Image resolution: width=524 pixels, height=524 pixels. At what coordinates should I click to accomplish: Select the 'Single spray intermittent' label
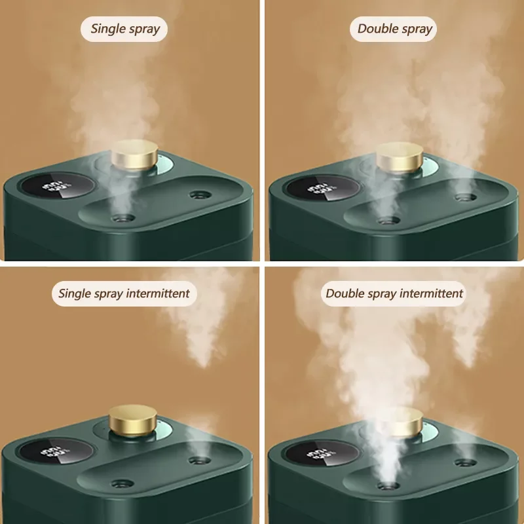click(x=124, y=293)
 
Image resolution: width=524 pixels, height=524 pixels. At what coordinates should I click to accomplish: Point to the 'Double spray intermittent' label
click(x=394, y=293)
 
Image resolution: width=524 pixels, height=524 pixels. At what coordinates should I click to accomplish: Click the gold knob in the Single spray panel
click(x=134, y=155)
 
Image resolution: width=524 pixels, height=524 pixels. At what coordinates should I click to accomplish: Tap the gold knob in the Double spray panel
click(x=400, y=157)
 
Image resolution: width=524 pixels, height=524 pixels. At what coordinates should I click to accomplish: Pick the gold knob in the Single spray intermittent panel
click(x=133, y=420)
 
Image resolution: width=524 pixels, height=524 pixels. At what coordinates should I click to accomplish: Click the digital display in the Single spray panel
click(x=56, y=186)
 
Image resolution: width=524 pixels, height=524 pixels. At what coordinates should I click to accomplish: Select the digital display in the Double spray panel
click(x=322, y=188)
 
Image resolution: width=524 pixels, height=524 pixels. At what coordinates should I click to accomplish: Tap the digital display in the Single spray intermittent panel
click(x=56, y=451)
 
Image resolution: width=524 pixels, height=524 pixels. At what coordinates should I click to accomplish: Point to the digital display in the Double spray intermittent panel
click(x=322, y=453)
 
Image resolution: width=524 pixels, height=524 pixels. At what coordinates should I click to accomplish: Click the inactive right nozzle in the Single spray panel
click(x=200, y=195)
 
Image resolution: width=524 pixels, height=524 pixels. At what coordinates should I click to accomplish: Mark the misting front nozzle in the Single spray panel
click(x=122, y=219)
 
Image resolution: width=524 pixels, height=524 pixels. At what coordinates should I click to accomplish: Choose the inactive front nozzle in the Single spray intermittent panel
click(x=122, y=483)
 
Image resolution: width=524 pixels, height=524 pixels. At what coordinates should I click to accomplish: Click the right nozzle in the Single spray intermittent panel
click(x=200, y=460)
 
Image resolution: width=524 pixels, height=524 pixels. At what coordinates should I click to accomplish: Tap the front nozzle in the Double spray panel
click(x=388, y=221)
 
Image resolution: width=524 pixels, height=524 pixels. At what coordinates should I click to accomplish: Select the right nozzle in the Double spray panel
click(x=466, y=197)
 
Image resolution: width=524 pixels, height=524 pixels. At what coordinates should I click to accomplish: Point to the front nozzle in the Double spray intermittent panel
click(x=388, y=485)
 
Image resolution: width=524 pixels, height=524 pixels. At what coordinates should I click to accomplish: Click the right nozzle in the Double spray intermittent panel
click(x=466, y=462)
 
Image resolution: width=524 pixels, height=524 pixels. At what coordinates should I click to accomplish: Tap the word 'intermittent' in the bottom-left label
click(x=158, y=293)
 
